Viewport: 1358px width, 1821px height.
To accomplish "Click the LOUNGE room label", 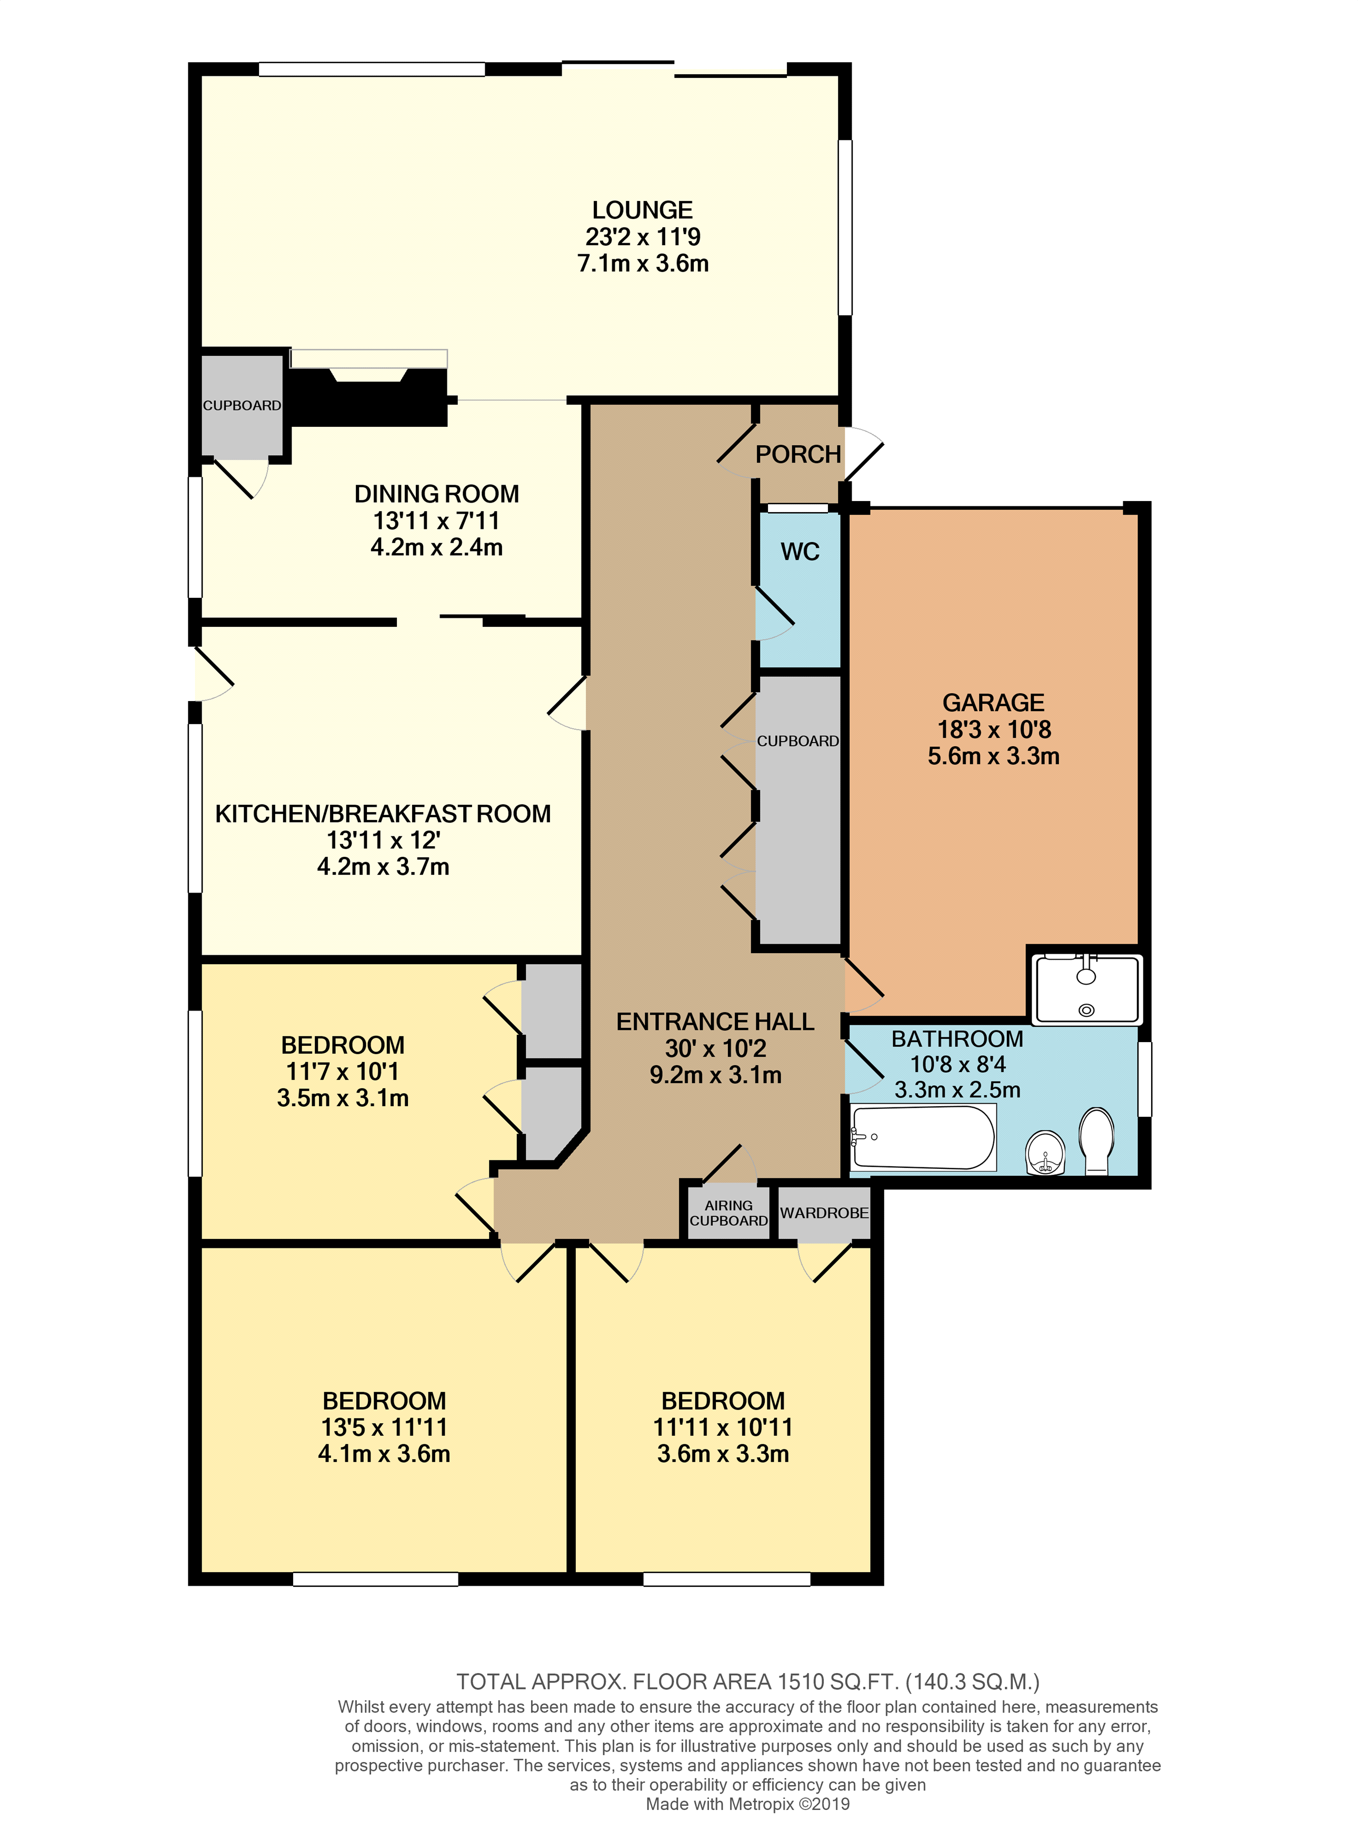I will click(642, 211).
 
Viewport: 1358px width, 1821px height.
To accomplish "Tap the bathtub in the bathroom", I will click(923, 1137).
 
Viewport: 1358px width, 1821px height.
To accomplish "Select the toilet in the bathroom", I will click(1096, 1142).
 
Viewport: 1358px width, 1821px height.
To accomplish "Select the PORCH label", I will click(797, 454).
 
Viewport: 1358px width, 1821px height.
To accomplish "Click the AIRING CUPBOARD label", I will click(728, 1213).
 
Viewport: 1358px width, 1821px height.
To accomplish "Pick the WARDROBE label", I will click(824, 1213).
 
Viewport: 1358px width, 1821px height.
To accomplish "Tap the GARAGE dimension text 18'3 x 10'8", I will click(994, 729).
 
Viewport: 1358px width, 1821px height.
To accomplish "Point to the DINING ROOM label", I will click(436, 494).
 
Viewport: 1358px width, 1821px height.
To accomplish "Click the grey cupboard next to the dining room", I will click(242, 406).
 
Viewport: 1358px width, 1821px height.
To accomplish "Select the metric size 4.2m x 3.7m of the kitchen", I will click(383, 867).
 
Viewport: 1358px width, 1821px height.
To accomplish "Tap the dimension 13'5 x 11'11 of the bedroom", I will click(384, 1427).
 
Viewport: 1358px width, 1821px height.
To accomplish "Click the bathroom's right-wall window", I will click(1144, 1079).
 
